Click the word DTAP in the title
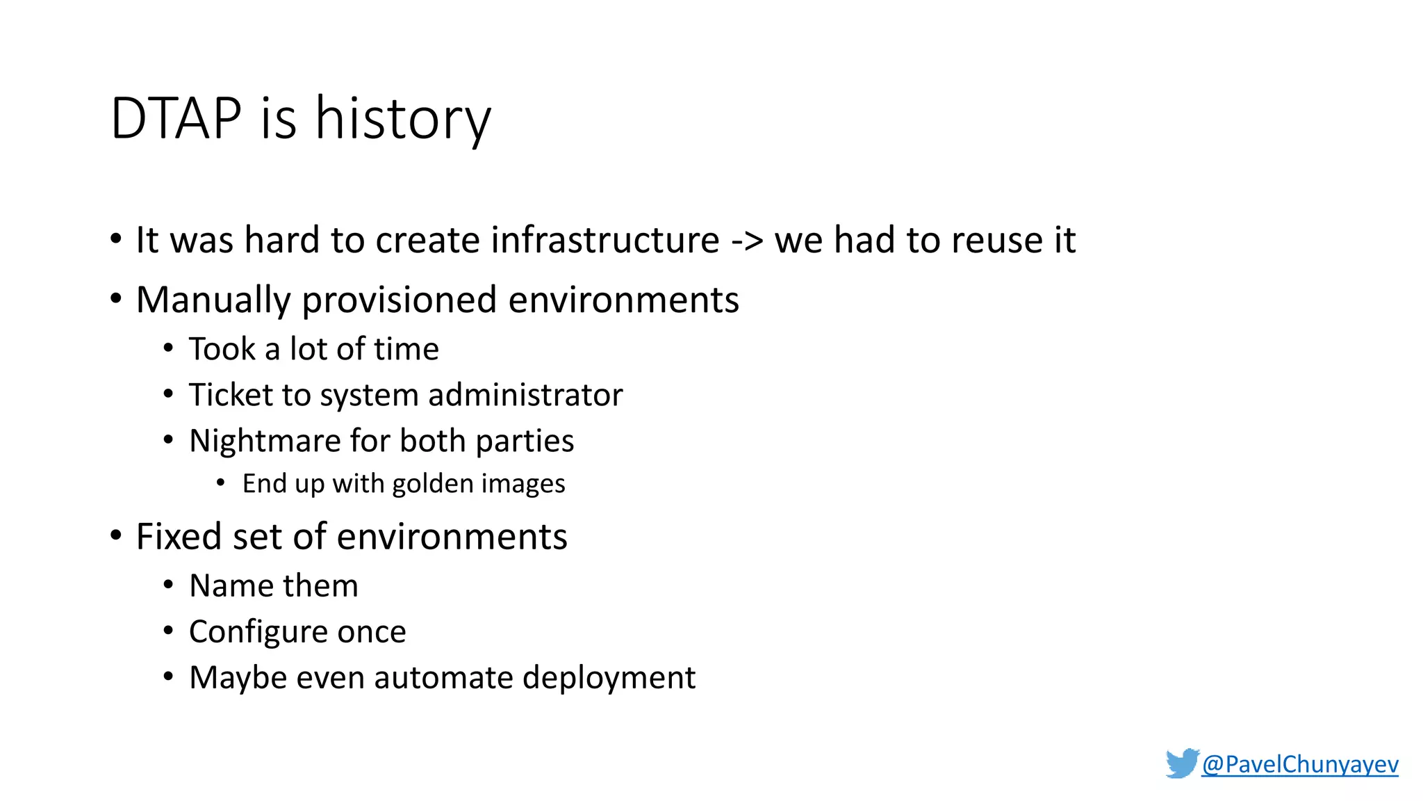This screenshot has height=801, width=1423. pyautogui.click(x=176, y=119)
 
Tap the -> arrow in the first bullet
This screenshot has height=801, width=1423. pyautogui.click(x=747, y=241)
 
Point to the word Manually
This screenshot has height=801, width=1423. pyautogui.click(x=213, y=300)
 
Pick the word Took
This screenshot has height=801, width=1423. pyautogui.click(x=222, y=349)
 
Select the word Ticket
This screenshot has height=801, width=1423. pyautogui.click(x=230, y=395)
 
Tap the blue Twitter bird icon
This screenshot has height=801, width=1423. pyautogui.click(x=1182, y=763)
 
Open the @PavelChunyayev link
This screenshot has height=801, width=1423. pyautogui.click(x=1299, y=764)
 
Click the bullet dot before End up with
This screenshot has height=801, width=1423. pyautogui.click(x=220, y=483)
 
